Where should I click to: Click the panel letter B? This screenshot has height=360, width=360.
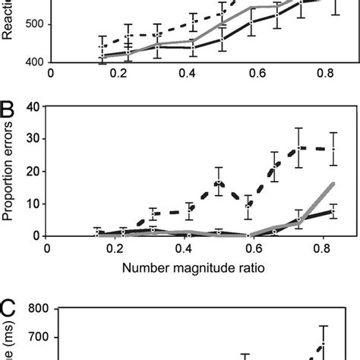click(8, 114)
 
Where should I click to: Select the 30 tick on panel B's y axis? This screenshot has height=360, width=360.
click(36, 139)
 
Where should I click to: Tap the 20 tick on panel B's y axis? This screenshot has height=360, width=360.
click(36, 172)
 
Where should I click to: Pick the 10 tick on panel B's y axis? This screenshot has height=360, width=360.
click(36, 204)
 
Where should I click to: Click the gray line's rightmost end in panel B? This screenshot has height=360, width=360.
click(333, 184)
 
